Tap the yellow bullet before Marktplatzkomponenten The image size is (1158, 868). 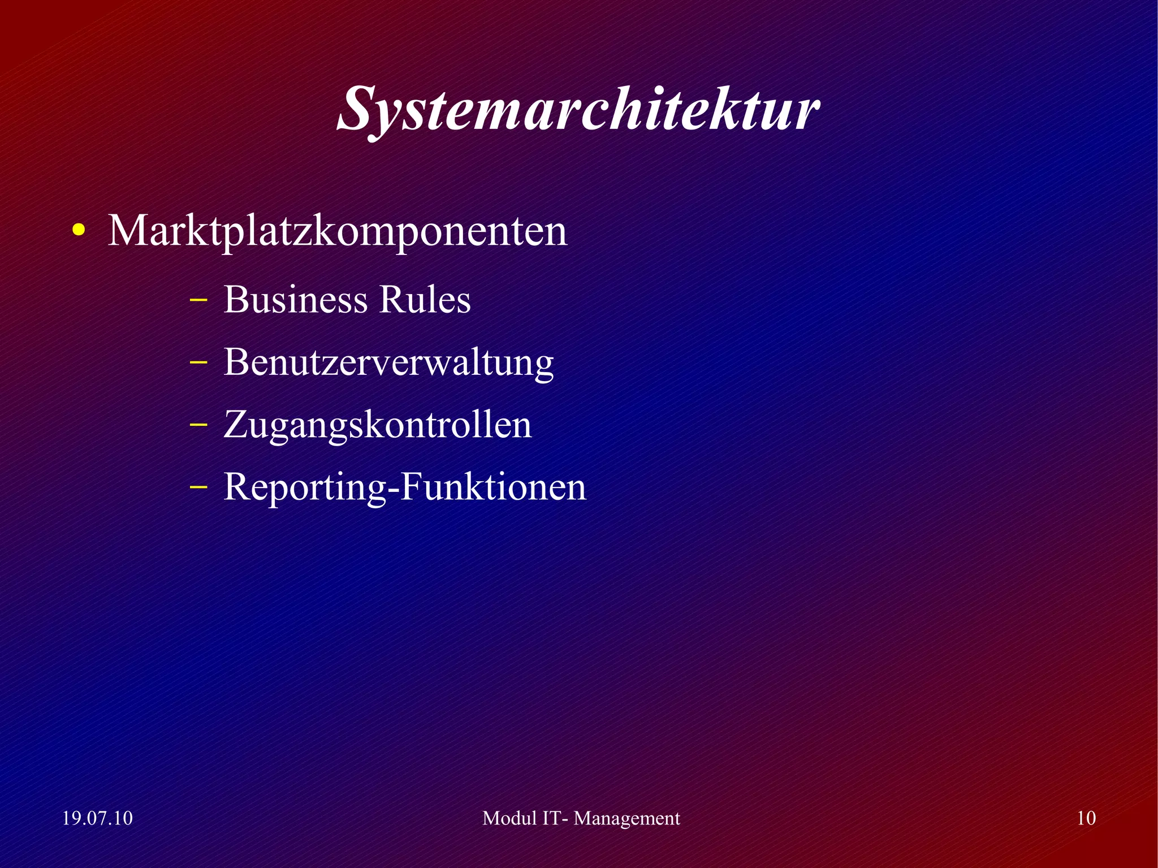[x=79, y=232]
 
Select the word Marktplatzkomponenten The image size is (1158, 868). [x=338, y=231]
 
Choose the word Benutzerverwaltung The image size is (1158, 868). [x=388, y=362]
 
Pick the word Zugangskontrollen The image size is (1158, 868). [x=378, y=425]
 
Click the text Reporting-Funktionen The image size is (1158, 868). [x=405, y=487]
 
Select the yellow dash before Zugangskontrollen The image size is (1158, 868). [x=197, y=424]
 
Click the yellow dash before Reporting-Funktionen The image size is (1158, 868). [x=197, y=486]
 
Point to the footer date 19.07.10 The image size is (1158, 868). [x=97, y=818]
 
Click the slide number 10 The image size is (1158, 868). [x=1086, y=818]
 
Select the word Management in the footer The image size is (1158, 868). [x=627, y=819]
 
